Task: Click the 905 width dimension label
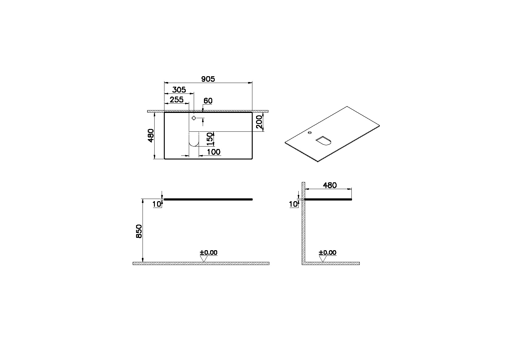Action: click(x=208, y=79)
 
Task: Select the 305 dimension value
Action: click(x=179, y=90)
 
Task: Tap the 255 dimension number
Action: click(x=176, y=100)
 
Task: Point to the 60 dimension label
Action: click(x=208, y=101)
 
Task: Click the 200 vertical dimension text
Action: click(x=259, y=122)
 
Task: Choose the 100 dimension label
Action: click(x=214, y=152)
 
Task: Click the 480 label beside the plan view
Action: click(x=151, y=135)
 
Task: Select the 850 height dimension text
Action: click(x=139, y=231)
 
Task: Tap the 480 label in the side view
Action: click(x=330, y=185)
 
